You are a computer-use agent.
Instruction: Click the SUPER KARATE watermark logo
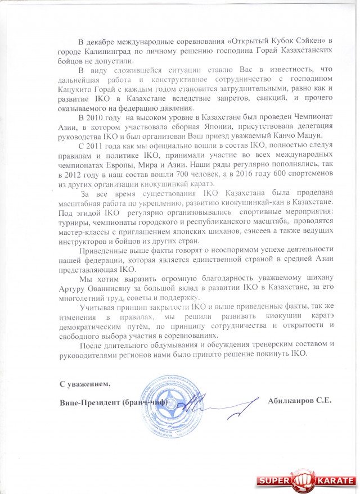pyautogui.click(x=306, y=481)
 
